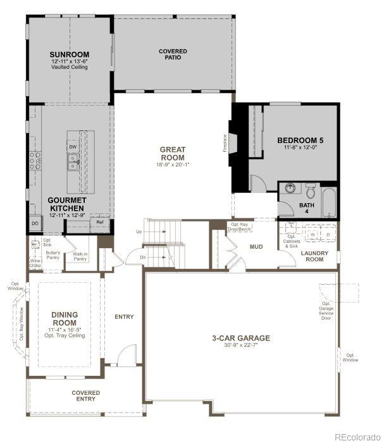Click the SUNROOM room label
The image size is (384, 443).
[x=70, y=54]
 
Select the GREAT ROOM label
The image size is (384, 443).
[x=172, y=154]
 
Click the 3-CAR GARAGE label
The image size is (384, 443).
[x=240, y=338]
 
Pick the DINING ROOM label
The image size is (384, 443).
[x=65, y=318]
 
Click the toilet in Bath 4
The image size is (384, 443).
[x=311, y=190]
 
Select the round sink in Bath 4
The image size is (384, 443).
[x=290, y=189]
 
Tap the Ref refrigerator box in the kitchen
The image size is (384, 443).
[x=100, y=223]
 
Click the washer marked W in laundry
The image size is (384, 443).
[x=313, y=235]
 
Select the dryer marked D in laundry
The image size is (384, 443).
[x=328, y=235]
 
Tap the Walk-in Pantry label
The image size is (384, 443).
[x=80, y=256]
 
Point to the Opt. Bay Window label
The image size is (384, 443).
[x=21, y=324]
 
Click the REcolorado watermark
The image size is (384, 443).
[x=357, y=436]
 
